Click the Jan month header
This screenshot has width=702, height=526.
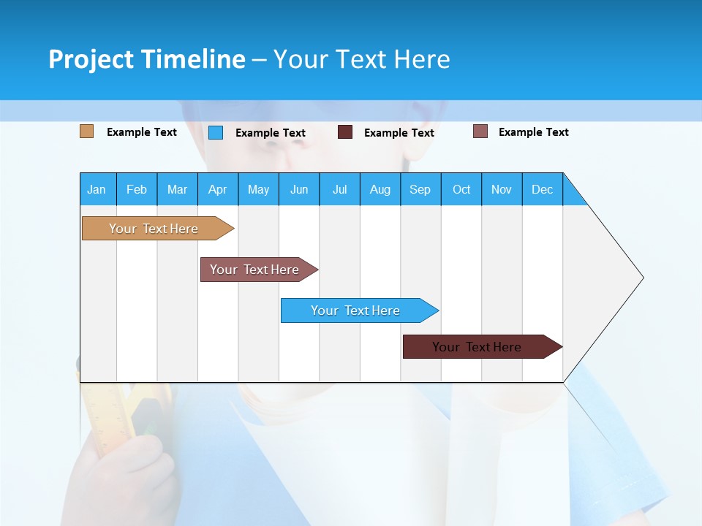click(x=97, y=189)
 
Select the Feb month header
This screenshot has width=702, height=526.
click(x=137, y=189)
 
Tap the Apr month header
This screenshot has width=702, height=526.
click(x=217, y=189)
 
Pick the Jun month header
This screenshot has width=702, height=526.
click(x=299, y=189)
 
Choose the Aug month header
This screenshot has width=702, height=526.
click(x=380, y=189)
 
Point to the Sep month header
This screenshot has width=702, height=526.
click(x=420, y=189)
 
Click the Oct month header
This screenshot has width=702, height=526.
click(x=461, y=189)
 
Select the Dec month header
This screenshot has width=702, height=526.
click(x=542, y=189)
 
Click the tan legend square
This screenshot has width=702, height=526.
click(x=86, y=131)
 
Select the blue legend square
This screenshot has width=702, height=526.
click(x=216, y=132)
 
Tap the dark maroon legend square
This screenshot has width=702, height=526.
click(x=345, y=132)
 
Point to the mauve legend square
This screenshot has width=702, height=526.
click(x=480, y=131)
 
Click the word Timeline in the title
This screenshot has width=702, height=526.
click(x=194, y=59)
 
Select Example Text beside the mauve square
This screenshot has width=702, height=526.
click(x=533, y=132)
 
